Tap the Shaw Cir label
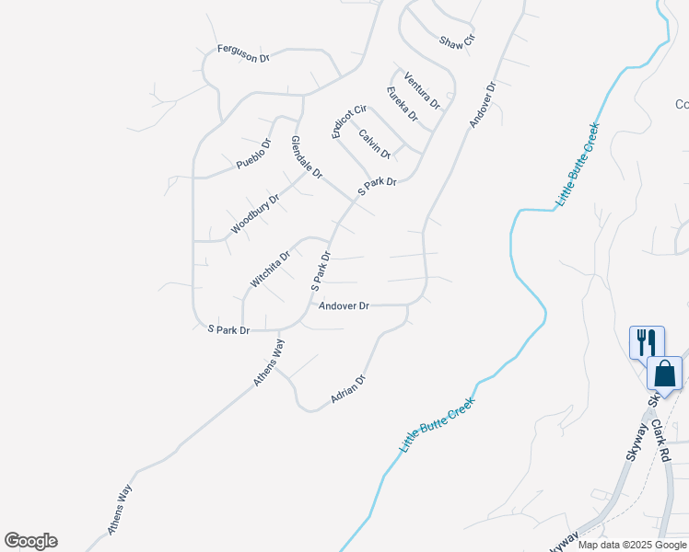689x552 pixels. (457, 42)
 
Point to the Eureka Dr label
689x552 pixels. (403, 104)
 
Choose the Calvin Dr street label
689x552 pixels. (375, 144)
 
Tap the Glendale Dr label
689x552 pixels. (307, 157)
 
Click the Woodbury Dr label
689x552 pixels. (255, 213)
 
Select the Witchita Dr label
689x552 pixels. (270, 268)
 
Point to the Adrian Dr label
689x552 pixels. (349, 390)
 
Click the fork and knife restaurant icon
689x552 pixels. (644, 341)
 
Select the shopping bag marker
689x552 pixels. (665, 374)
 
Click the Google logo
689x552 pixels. (31, 541)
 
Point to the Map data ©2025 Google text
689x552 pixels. (631, 545)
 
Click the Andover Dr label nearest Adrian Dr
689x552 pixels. (344, 305)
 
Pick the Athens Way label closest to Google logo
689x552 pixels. (121, 509)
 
